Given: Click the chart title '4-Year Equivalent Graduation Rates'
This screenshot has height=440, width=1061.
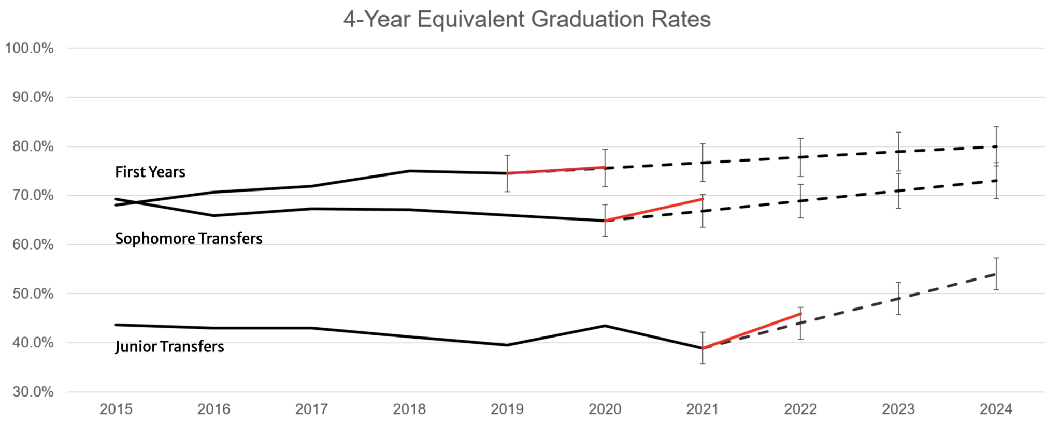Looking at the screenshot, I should pyautogui.click(x=527, y=20).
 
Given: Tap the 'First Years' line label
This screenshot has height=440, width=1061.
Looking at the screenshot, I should pyautogui.click(x=150, y=172).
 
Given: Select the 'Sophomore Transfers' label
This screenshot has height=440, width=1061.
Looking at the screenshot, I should pyautogui.click(x=189, y=239).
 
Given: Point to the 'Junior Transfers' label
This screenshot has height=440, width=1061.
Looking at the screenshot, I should pyautogui.click(x=169, y=346).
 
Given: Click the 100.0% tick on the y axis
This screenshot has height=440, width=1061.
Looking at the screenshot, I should pyautogui.click(x=29, y=49).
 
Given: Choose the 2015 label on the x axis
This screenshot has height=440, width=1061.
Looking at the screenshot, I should pyautogui.click(x=116, y=409).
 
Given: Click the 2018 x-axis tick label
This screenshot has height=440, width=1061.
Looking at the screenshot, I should pyautogui.click(x=409, y=409).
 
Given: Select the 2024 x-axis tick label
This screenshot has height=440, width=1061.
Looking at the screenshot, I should pyautogui.click(x=996, y=409).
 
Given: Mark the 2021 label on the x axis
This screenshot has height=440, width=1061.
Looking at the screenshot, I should pyautogui.click(x=702, y=409).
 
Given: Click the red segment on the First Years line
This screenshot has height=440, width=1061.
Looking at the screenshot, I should pyautogui.click(x=556, y=170).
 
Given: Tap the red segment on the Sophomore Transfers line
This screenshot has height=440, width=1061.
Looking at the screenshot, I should pyautogui.click(x=654, y=210).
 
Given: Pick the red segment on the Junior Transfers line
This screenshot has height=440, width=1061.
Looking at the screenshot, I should pyautogui.click(x=752, y=331).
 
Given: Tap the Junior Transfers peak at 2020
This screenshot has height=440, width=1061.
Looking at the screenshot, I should pyautogui.click(x=605, y=326).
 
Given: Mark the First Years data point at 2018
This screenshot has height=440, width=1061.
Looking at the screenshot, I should pyautogui.click(x=409, y=171).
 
